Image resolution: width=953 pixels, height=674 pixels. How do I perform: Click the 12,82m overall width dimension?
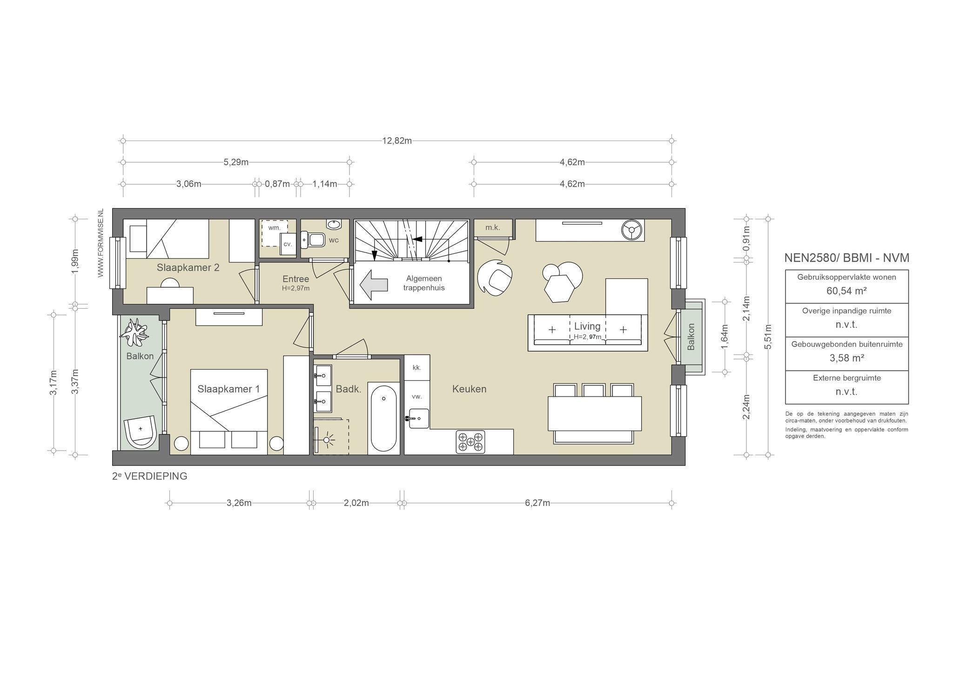397,141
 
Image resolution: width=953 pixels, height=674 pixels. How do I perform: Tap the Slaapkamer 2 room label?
188,268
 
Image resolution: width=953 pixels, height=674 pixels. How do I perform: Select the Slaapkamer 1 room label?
228,389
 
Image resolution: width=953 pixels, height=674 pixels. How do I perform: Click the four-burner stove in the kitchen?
470,441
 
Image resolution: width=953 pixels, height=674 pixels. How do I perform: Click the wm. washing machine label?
274,228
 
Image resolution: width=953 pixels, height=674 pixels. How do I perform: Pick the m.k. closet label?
492,228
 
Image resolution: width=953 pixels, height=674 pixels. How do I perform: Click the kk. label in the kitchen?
416,368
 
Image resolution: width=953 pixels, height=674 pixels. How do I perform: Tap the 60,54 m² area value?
846,291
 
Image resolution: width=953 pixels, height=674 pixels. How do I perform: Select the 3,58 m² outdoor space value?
846,358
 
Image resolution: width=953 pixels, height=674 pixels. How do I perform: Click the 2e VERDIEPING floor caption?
150,476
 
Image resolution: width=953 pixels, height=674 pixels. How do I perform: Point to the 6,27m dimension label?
537,503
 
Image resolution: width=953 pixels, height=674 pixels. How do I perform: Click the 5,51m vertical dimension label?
768,336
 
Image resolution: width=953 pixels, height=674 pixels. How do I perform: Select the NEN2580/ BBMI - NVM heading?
846,258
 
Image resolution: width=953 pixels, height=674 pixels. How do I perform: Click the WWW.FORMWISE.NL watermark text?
100,243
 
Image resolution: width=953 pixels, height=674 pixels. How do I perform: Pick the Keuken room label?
469,389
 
